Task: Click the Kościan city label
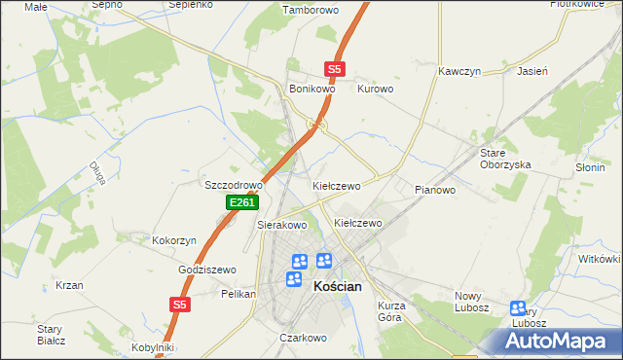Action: click(x=338, y=288)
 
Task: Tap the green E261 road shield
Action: click(x=241, y=202)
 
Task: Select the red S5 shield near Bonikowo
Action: click(x=335, y=69)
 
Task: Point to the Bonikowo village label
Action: click(x=312, y=89)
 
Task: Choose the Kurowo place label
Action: click(x=376, y=89)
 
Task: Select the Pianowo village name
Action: click(x=435, y=190)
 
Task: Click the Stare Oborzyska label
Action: click(x=505, y=159)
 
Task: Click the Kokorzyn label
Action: click(x=175, y=239)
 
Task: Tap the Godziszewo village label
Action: click(x=207, y=270)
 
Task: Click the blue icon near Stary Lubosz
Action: click(x=518, y=308)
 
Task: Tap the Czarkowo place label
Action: click(x=302, y=338)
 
